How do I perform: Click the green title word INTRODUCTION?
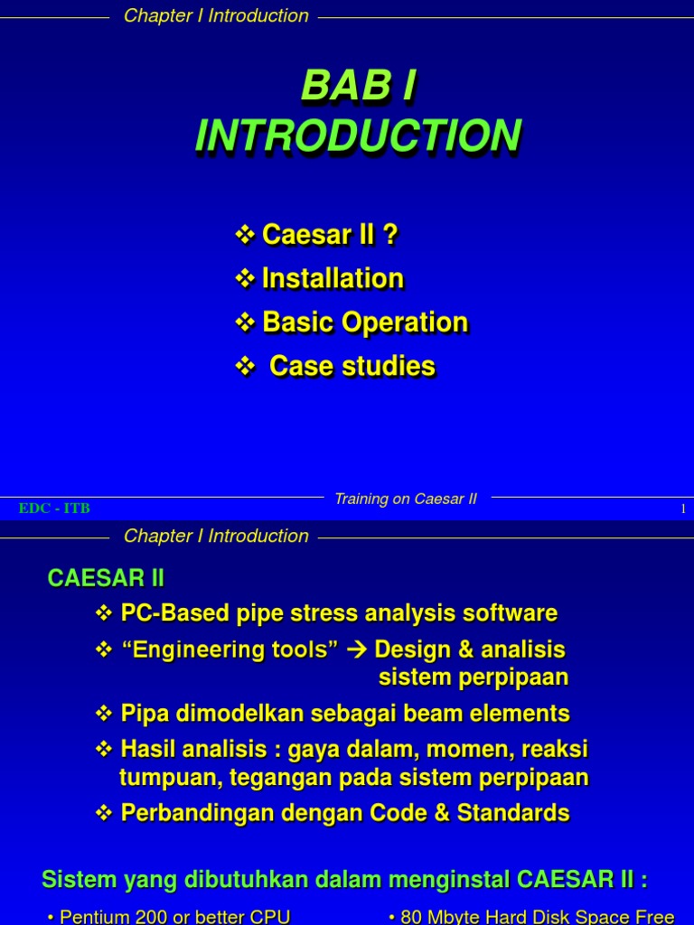click(359, 135)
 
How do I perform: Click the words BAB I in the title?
click(359, 88)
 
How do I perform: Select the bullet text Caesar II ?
click(330, 235)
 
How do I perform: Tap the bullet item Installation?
click(332, 278)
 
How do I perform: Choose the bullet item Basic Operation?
click(364, 322)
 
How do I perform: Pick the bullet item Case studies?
click(352, 366)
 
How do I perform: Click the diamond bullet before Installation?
click(245, 278)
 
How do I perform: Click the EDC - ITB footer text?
click(54, 509)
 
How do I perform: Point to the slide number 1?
click(683, 509)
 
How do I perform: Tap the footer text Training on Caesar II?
click(405, 500)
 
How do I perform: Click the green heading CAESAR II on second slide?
click(106, 577)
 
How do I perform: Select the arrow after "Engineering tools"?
click(356, 649)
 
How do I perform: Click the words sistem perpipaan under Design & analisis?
click(473, 677)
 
